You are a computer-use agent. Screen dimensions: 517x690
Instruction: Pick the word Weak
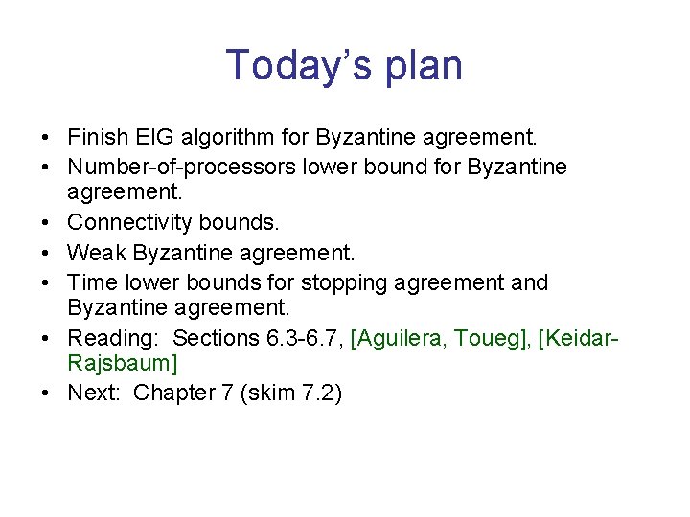pos(97,253)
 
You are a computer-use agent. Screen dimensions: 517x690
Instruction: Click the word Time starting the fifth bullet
pos(91,282)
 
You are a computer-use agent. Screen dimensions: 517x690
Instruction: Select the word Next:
pos(96,393)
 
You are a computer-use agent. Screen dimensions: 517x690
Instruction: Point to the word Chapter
pos(174,393)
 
